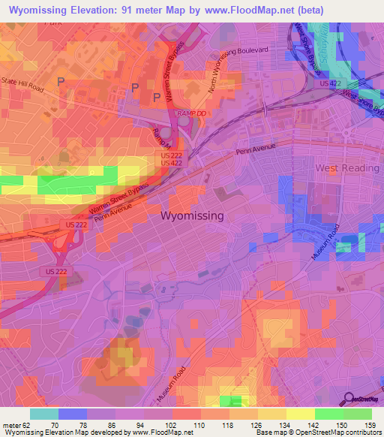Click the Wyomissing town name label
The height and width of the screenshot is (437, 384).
coord(192,215)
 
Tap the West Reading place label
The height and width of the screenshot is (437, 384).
coord(346,167)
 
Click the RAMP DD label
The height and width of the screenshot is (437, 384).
coord(191,113)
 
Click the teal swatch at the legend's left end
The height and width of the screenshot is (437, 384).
coord(43,414)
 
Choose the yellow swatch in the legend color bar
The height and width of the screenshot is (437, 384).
coord(300,414)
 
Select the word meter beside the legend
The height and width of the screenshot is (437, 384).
coord(10,426)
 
